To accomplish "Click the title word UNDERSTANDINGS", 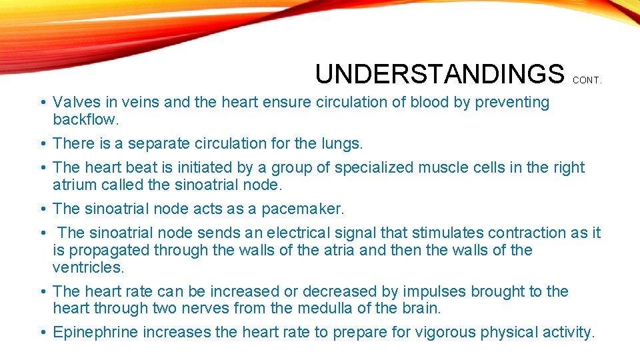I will point(439,74).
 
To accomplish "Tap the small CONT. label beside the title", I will point(587,80).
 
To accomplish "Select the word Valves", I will point(73,103).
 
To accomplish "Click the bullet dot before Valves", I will point(41,103).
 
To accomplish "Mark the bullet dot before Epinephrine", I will point(41,333).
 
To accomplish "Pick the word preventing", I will point(511,103).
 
